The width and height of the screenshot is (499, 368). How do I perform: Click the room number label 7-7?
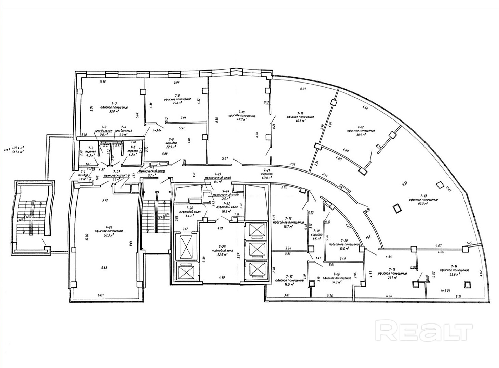tap(114, 103)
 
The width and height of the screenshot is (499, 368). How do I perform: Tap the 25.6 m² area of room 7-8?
tap(177, 103)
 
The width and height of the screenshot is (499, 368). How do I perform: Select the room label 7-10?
tap(241, 112)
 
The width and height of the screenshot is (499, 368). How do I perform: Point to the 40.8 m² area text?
tap(296, 120)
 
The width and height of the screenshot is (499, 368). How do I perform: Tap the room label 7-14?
tap(454, 266)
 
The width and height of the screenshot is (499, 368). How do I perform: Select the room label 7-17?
tap(289, 276)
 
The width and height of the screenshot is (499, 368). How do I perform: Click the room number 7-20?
tap(344, 241)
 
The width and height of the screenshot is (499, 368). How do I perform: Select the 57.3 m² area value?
tap(109, 235)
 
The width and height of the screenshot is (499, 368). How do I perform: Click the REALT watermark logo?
tap(424, 330)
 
